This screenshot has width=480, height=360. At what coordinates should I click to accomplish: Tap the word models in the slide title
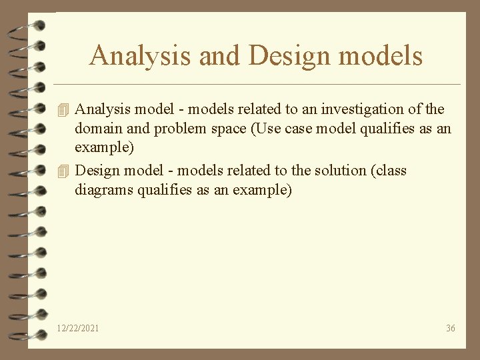point(381,55)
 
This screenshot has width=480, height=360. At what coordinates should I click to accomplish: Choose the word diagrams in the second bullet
point(104,191)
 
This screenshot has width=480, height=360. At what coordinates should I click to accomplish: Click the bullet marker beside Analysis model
point(63,109)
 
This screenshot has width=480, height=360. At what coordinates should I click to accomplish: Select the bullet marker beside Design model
point(63,171)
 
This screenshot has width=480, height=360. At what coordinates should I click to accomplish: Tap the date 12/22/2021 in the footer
point(78,328)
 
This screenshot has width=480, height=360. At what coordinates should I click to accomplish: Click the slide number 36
point(451,328)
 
